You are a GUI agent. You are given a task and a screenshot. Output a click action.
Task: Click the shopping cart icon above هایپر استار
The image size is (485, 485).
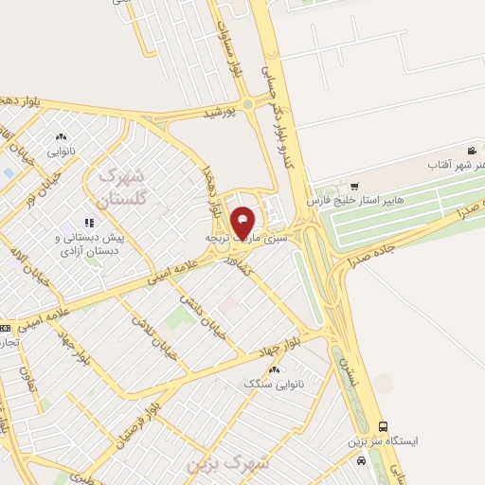(354, 186)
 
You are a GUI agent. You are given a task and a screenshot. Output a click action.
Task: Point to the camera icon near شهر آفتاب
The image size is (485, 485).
(472, 151)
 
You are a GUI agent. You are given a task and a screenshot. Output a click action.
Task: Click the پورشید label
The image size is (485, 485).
(224, 113)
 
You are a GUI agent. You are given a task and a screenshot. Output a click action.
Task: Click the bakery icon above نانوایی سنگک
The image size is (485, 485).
(275, 368)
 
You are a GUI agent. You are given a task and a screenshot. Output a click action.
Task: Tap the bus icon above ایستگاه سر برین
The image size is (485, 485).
(383, 427)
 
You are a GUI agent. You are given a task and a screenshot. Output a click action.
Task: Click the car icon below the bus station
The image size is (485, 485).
(361, 460)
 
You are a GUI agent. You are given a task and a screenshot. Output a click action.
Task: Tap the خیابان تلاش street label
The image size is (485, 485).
(153, 335)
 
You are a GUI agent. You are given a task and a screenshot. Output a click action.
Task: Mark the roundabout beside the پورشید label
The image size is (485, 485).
(248, 102)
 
